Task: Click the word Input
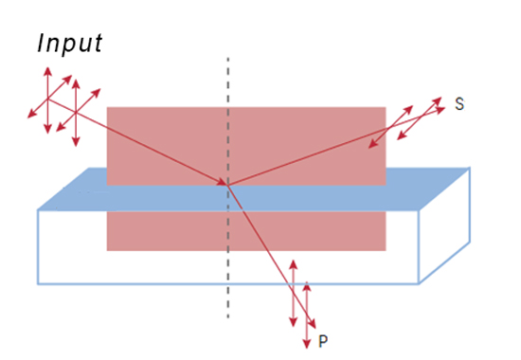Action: [x=69, y=44]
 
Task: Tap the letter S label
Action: [x=459, y=104]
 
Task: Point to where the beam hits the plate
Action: [x=227, y=184]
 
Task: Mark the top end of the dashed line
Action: [x=227, y=59]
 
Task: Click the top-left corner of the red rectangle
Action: [x=107, y=107]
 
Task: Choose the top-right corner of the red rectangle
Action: [x=386, y=107]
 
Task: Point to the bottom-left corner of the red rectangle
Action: [x=107, y=250]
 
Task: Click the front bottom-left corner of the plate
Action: [x=38, y=283]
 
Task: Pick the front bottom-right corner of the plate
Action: [x=419, y=283]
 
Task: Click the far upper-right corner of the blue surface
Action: [x=470, y=169]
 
